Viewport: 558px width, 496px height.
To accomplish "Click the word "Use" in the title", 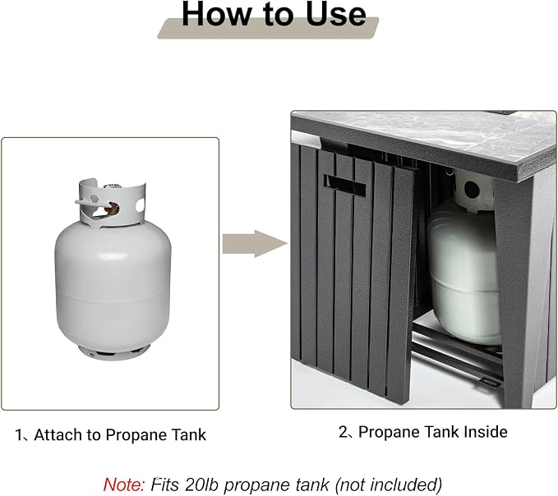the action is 335,14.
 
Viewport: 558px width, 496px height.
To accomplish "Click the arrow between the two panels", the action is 255,244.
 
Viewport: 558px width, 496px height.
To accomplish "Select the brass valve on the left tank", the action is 113,209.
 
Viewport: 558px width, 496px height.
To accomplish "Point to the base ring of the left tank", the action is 114,352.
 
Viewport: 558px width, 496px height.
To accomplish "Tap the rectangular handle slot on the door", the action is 344,186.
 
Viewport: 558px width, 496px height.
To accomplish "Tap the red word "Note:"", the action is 124,485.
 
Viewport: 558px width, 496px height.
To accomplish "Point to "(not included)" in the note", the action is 389,485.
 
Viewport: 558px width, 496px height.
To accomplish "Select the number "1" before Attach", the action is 19,435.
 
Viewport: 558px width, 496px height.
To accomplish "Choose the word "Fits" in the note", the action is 164,485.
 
